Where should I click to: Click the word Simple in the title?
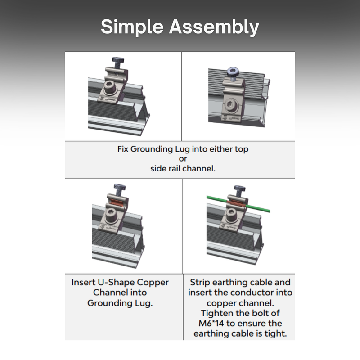[132, 27]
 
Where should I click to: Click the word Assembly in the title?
[214, 27]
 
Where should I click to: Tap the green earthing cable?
[239, 203]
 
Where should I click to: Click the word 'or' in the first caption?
[183, 159]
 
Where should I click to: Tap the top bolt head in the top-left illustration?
[118, 60]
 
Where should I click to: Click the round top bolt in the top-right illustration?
[234, 72]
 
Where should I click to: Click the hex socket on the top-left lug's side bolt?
[109, 87]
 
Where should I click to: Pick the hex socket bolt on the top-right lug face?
[230, 105]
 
